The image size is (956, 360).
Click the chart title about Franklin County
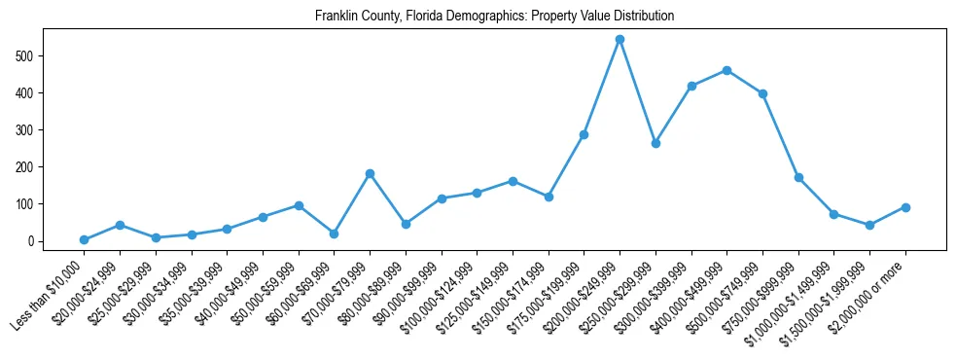[494, 17]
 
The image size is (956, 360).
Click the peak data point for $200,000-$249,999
[620, 40]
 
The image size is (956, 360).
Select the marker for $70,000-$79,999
[370, 174]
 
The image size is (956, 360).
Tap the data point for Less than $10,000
[84, 239]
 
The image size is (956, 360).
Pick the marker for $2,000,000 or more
[905, 207]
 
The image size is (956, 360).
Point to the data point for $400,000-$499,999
[726, 70]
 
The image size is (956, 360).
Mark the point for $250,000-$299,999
[655, 143]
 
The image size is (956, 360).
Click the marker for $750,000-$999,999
[798, 178]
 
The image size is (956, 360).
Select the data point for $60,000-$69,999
[334, 234]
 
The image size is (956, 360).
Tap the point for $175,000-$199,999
[584, 134]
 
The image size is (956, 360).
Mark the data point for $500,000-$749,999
[762, 93]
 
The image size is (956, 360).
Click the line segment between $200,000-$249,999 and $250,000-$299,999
[638, 91]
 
